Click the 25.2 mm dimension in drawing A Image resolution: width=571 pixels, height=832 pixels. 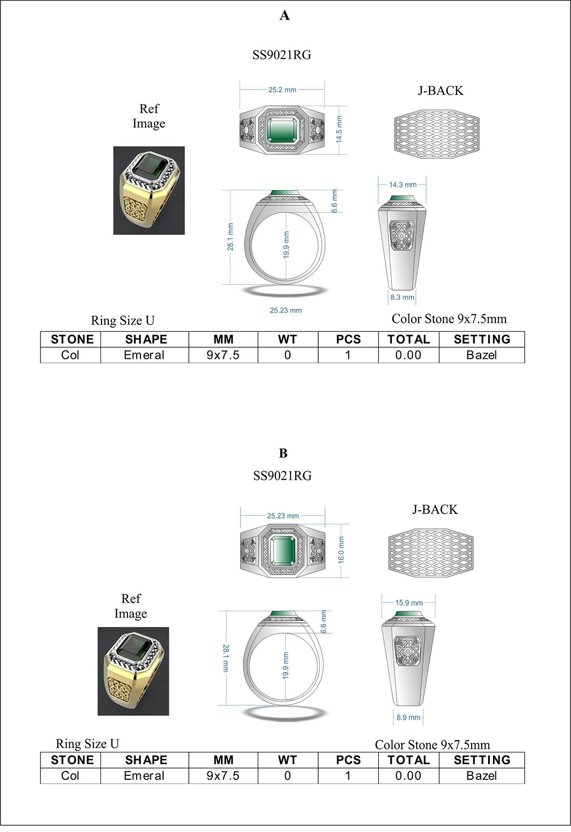(282, 90)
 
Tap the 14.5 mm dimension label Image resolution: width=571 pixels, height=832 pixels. (340, 129)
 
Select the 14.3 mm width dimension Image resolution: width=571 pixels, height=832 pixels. (403, 185)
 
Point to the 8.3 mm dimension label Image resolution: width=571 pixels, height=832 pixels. (402, 297)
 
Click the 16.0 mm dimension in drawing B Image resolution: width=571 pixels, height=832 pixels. (341, 550)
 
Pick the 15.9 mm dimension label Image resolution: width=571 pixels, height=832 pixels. (409, 603)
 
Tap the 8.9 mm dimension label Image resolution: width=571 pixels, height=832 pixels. (408, 717)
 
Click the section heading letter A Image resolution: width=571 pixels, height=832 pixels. (285, 16)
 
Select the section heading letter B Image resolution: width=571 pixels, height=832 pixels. (284, 453)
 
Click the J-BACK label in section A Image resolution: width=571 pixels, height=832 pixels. (440, 91)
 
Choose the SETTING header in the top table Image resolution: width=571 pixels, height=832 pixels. (482, 339)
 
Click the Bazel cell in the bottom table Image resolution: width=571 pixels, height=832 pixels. (482, 775)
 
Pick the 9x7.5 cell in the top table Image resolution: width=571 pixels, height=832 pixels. (223, 355)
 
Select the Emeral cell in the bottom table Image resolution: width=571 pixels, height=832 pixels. (144, 775)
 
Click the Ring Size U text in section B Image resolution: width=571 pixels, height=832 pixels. (87, 744)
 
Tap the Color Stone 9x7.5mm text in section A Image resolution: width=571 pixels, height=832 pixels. (449, 319)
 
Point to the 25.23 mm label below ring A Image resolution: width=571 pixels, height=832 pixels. (285, 310)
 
